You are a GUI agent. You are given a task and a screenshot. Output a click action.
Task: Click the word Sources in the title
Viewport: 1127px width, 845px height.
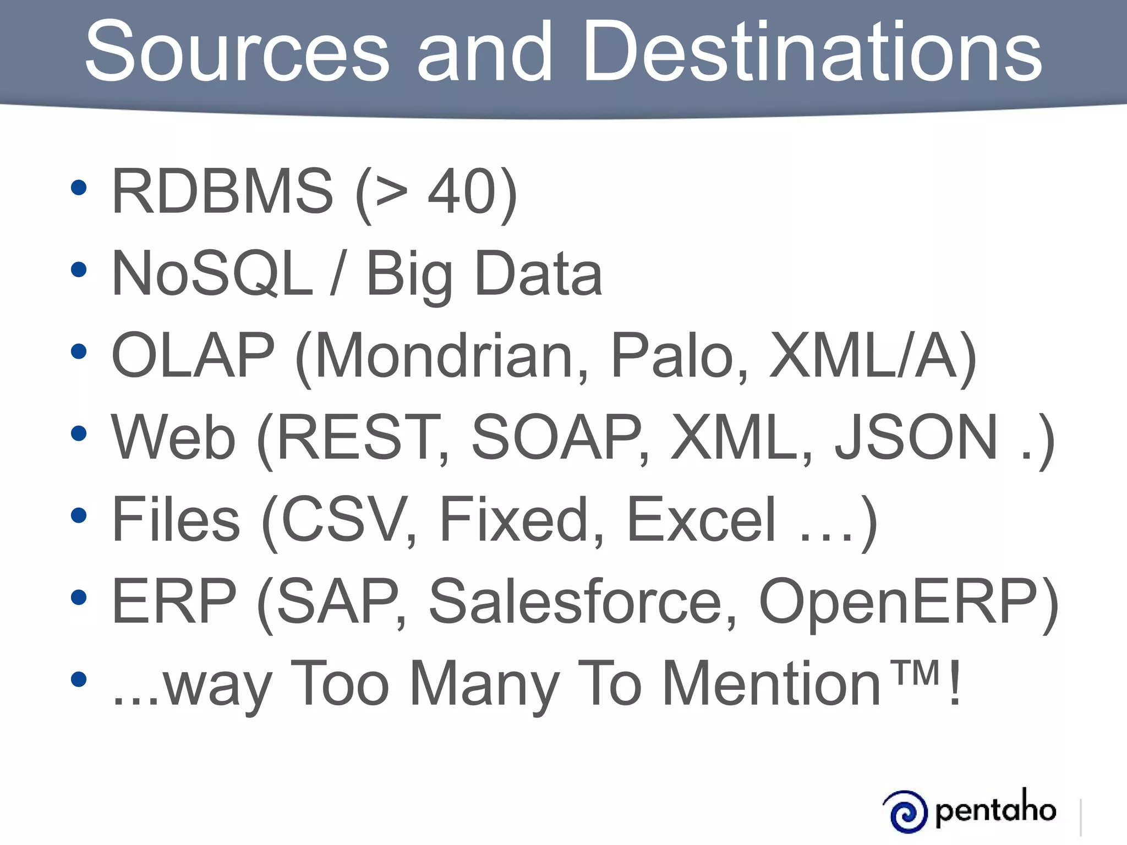tap(237, 52)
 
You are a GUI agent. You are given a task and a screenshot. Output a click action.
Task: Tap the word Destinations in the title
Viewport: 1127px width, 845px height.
tap(812, 52)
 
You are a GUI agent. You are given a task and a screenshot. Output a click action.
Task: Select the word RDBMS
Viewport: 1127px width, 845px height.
tap(222, 191)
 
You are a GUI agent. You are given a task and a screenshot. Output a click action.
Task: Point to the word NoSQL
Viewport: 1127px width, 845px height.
tap(212, 273)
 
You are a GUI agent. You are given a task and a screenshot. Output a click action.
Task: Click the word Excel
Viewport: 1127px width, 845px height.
tap(702, 519)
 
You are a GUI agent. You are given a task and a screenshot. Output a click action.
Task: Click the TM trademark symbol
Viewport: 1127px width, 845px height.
tap(916, 672)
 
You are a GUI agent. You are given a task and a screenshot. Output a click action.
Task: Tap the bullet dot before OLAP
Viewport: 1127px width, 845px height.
tap(79, 352)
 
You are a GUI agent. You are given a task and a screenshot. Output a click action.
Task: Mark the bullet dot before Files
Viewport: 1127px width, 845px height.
tap(79, 515)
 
